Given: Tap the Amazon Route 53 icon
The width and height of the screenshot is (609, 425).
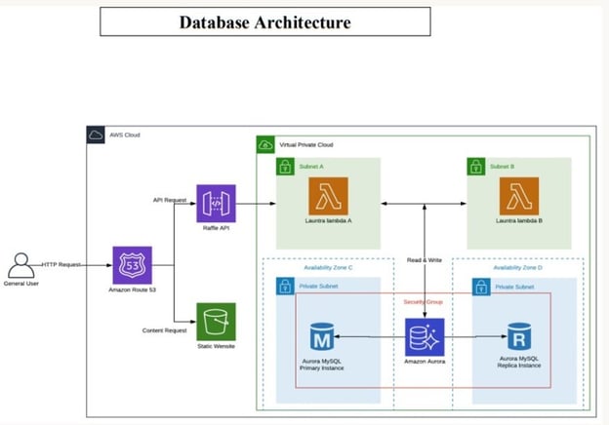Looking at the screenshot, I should point(132,264).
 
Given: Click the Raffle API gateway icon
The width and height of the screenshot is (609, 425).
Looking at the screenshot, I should point(216,204).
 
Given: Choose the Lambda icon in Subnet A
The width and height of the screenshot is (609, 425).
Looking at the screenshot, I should point(328,203).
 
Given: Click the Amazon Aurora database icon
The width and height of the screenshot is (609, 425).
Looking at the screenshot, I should point(426,336).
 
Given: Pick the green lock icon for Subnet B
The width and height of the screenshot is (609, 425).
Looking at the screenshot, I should point(475,166).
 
